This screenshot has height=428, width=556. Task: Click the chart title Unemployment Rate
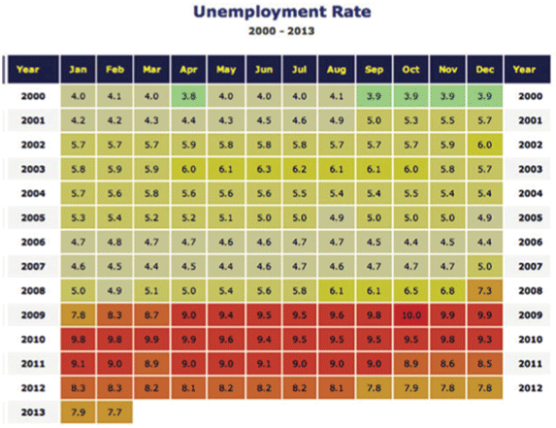(x=282, y=12)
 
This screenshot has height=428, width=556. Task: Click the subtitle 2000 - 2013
(x=281, y=31)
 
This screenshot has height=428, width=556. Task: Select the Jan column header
(x=78, y=69)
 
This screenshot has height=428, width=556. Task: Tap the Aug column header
(x=337, y=69)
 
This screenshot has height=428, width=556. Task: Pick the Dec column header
(x=485, y=69)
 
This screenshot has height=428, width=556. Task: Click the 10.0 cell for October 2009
(x=411, y=314)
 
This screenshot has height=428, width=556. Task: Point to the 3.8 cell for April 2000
(x=188, y=96)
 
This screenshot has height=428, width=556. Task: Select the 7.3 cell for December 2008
(x=485, y=291)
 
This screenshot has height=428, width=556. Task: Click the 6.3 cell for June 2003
(x=264, y=169)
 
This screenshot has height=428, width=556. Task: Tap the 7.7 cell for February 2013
(x=114, y=412)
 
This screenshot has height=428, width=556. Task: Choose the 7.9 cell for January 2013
(x=78, y=412)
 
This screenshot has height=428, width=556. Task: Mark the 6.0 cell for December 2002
(x=485, y=145)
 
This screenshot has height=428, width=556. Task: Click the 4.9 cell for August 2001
(x=337, y=120)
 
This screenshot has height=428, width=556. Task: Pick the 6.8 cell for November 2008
(x=448, y=291)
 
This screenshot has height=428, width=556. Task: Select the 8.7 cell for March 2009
(x=151, y=314)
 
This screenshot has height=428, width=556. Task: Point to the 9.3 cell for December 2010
(x=485, y=340)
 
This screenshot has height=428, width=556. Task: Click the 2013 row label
(x=33, y=412)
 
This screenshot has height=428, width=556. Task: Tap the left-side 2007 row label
(x=33, y=266)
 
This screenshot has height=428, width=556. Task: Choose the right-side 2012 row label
(x=531, y=388)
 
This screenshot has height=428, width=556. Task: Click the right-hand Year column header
(x=524, y=69)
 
